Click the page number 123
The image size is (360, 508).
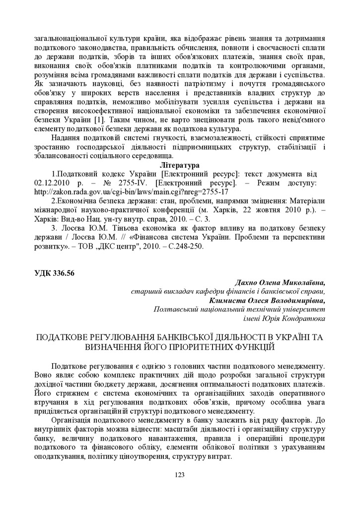point(180,475)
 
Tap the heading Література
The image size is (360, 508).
point(180,165)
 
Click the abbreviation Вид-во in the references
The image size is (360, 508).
point(79,218)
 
